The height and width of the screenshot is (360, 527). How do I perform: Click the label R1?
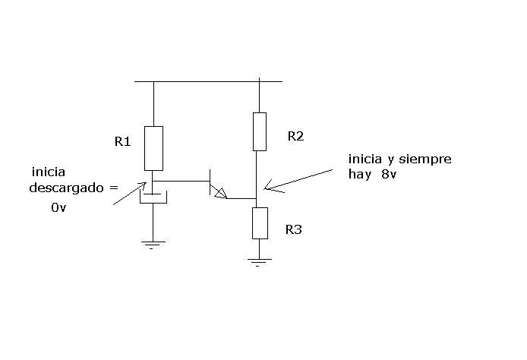(x=122, y=141)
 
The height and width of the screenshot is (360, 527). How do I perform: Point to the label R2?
(x=295, y=136)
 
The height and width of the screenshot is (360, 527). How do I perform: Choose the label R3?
(x=293, y=229)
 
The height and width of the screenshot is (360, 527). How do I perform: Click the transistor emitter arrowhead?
(x=221, y=193)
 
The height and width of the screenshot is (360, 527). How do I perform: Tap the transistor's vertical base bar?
(x=210, y=182)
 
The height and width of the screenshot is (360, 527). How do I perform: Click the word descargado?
(x=66, y=188)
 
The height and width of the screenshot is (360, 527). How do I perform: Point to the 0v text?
(x=58, y=207)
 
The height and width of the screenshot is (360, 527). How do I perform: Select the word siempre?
(x=425, y=159)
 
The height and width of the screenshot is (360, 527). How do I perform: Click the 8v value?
(x=389, y=174)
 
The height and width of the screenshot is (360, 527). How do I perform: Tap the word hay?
(x=360, y=175)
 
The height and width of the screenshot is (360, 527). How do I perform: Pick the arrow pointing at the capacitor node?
(x=130, y=193)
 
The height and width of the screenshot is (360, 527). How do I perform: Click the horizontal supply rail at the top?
(x=208, y=82)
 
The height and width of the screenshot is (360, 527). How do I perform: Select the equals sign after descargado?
(x=114, y=188)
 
